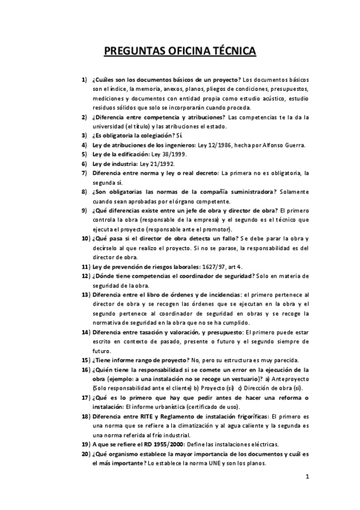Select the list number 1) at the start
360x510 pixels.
click(x=84, y=79)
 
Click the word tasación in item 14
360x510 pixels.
click(x=145, y=332)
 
